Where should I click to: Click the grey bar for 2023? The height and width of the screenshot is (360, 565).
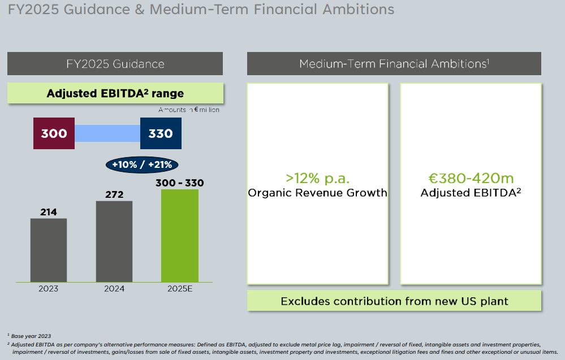(x=49, y=250)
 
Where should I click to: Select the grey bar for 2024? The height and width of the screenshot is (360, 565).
(x=114, y=241)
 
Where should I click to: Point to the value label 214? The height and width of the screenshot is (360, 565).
(x=49, y=212)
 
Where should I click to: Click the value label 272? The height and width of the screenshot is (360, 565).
(x=114, y=194)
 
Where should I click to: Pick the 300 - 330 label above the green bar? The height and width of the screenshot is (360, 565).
(x=180, y=183)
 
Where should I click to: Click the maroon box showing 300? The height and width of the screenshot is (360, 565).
(x=54, y=133)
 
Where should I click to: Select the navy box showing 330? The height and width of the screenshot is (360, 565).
(x=161, y=133)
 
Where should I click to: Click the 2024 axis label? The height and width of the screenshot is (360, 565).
(x=114, y=289)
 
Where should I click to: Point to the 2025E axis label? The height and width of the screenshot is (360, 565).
(x=180, y=289)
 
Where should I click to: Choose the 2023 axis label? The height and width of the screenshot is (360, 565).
(x=49, y=289)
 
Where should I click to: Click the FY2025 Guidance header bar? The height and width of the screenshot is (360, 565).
(x=115, y=63)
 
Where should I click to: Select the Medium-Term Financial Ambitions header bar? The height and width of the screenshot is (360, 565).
(x=394, y=63)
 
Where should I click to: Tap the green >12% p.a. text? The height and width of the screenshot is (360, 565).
(x=317, y=179)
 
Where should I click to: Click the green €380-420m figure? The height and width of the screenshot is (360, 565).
(x=471, y=179)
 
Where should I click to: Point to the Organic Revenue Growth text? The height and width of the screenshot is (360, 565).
(x=317, y=193)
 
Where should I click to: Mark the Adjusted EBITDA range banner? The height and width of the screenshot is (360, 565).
(x=115, y=93)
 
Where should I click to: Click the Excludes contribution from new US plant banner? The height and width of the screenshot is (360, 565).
(x=394, y=301)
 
